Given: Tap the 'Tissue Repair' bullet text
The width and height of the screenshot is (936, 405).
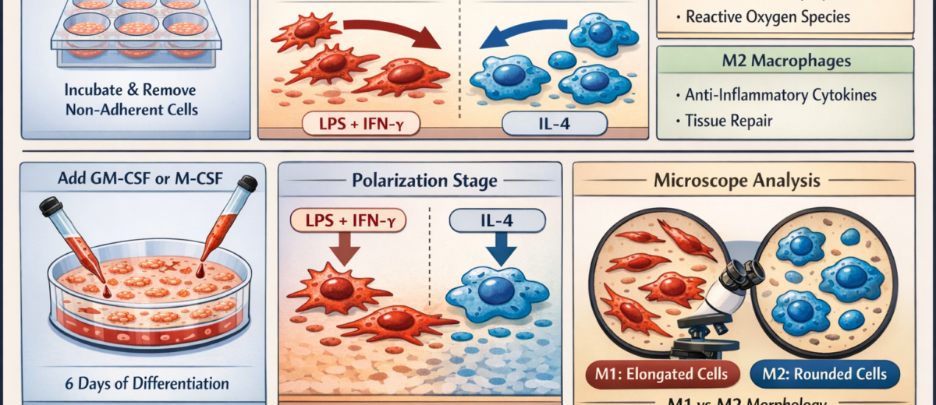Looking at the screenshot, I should click(x=725, y=121).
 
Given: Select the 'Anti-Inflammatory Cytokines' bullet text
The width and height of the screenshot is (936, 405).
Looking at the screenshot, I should click(x=779, y=95).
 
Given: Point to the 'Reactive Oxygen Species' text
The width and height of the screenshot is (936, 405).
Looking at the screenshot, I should click(x=769, y=15).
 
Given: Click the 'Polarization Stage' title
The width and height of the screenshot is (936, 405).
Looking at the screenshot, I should click(x=420, y=182).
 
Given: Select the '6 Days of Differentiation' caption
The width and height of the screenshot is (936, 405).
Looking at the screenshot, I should click(x=147, y=383).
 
